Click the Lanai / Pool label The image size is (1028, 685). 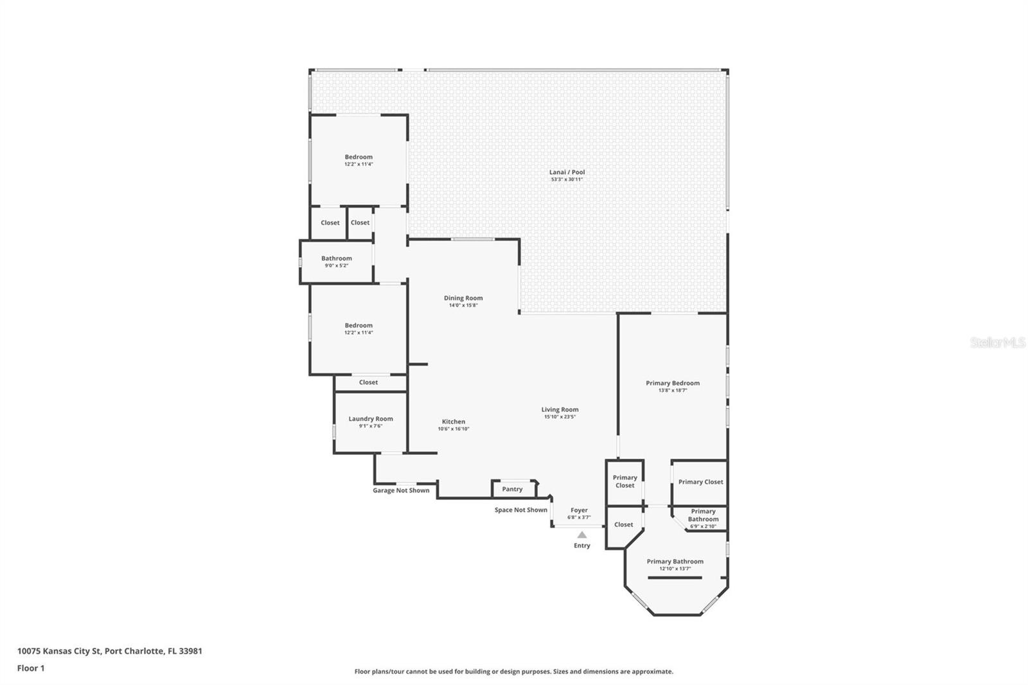coord(567,172)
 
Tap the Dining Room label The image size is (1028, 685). coord(463,298)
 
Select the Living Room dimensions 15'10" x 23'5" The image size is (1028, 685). coord(560,417)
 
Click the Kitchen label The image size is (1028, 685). coord(453,422)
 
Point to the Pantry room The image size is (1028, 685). coord(512,489)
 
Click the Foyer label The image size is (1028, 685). coord(579,510)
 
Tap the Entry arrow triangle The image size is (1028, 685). coord(581,535)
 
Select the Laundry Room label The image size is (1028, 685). coord(371,418)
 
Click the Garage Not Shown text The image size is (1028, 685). coord(401,490)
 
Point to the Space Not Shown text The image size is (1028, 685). coord(520,510)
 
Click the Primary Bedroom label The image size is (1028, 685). coord(672,383)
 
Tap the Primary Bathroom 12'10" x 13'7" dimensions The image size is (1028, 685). coord(675,569)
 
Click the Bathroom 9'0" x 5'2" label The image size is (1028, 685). coord(337,258)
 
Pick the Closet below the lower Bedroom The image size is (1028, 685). coord(368,382)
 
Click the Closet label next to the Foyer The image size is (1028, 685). coord(623,524)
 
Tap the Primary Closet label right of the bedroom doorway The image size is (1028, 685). coord(700,482)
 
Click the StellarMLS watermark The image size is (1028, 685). coord(997,342)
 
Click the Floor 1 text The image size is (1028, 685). coord(31,668)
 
